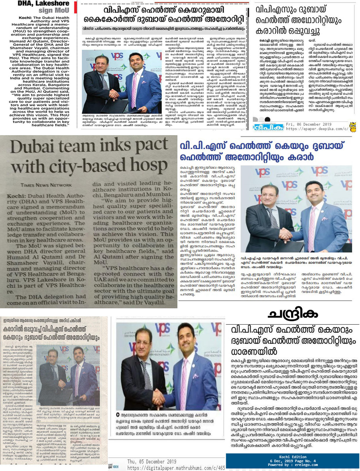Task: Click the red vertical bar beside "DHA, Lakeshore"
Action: point(75,7)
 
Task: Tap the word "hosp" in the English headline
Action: point(148,165)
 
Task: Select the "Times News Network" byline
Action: point(46,185)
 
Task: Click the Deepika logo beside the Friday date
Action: point(268,127)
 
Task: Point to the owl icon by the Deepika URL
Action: point(353,127)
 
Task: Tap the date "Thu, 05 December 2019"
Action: point(152,461)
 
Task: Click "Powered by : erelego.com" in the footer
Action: point(293,465)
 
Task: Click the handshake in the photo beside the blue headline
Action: point(287,233)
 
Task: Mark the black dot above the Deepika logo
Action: point(267,119)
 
